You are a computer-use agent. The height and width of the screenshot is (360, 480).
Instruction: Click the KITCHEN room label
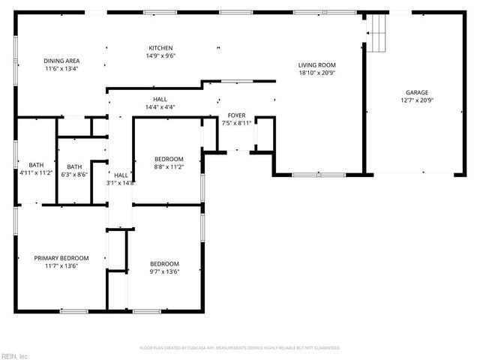pos(161,48)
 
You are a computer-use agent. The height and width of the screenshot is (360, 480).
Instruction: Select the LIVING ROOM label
pos(317,65)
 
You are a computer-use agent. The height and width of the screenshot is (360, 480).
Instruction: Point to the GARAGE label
pos(417,92)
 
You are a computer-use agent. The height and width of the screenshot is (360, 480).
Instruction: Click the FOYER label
pos(237,115)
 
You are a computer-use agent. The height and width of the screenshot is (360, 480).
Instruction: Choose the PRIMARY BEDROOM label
pos(61,258)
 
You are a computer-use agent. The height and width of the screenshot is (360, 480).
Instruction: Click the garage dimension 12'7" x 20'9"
pos(417,100)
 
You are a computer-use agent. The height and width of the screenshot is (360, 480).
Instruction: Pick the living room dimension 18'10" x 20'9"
pos(317,73)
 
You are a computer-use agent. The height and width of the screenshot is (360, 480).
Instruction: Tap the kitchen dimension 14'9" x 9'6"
pos(161,55)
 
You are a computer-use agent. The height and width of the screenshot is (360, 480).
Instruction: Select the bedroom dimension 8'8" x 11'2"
pos(169,166)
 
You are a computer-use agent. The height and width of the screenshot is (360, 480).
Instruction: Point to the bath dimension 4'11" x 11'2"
pos(36,172)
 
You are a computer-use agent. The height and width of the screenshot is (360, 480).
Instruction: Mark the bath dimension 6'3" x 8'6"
pos(74,174)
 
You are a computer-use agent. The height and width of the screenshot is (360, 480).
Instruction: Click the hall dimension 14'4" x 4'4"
pos(160,106)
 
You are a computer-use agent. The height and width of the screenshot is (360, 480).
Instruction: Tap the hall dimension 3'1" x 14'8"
pos(120,182)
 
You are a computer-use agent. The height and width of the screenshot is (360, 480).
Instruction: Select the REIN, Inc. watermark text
pos(15,355)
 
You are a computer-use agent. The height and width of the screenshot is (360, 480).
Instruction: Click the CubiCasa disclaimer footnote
pos(240,348)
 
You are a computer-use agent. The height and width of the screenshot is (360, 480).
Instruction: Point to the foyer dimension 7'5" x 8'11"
pos(237,122)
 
